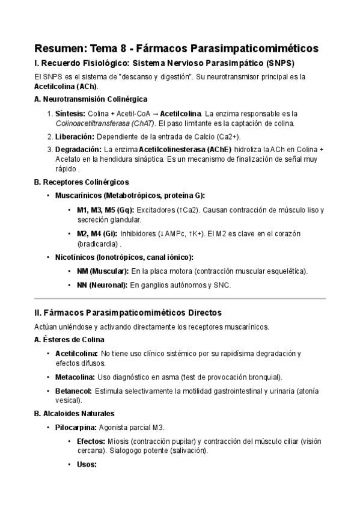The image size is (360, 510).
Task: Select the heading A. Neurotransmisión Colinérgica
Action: click(91, 99)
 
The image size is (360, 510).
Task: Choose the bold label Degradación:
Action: click(78, 149)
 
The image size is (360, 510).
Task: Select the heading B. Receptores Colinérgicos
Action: click(81, 182)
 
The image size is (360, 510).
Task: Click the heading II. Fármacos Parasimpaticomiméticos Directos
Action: click(128, 313)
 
